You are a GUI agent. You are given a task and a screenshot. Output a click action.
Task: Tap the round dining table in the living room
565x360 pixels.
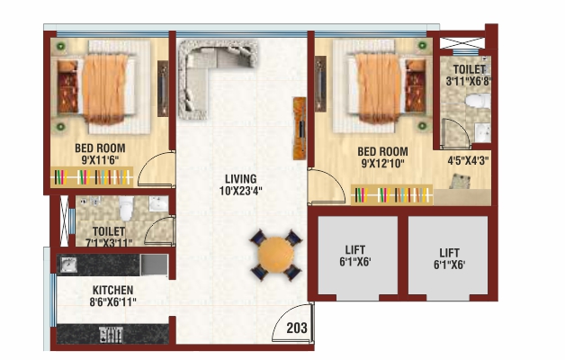[x=274, y=256]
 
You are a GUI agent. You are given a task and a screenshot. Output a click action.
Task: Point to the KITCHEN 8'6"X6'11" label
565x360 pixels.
[x=113, y=296]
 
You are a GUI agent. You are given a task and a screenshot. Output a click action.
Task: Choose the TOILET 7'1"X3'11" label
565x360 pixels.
[x=108, y=236]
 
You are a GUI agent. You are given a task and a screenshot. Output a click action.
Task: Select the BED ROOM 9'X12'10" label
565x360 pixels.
[x=382, y=157]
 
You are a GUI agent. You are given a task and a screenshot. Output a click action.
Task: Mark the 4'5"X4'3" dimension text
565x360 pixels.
[x=469, y=163]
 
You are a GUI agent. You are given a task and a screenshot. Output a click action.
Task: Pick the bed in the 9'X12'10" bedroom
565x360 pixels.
[x=379, y=85]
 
